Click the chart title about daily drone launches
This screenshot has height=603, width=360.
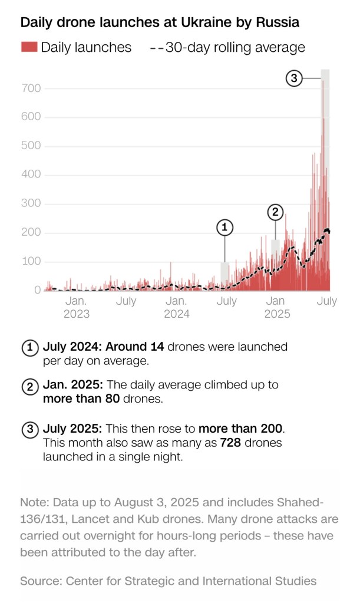(160, 22)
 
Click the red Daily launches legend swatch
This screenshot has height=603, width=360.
(29, 47)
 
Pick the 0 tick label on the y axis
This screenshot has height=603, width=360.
(37, 290)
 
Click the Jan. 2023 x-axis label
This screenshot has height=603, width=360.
(77, 307)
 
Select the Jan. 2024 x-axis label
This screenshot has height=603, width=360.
(177, 307)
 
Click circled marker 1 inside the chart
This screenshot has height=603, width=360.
(224, 226)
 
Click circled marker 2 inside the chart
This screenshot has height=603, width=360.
(275, 212)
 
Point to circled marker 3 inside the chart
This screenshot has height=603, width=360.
(294, 78)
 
